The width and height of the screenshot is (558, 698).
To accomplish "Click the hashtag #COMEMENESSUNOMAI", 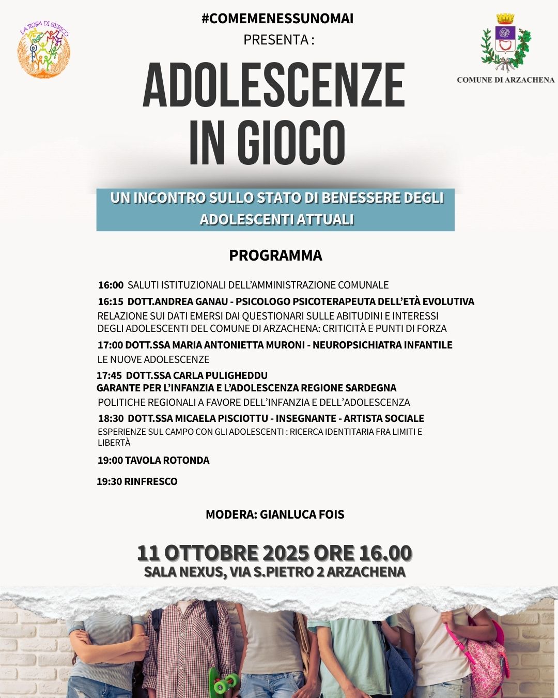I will pos(277,19).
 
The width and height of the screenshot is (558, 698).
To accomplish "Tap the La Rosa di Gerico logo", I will pos(44,50).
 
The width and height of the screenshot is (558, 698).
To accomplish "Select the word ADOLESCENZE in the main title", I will pos(274,85).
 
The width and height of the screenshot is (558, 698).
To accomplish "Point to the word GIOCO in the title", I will pos(292,143).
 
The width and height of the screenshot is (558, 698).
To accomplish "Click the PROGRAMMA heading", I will pos(275,255).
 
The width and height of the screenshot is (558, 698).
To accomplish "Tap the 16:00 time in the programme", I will pos(111,285).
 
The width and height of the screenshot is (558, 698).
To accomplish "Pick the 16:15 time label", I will pos(111,301).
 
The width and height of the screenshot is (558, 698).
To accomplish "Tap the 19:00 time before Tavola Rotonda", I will pos(110,460).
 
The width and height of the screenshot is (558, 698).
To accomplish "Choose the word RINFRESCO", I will pos(151,481).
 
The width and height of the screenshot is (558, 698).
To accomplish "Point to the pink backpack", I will pos(483,657).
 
